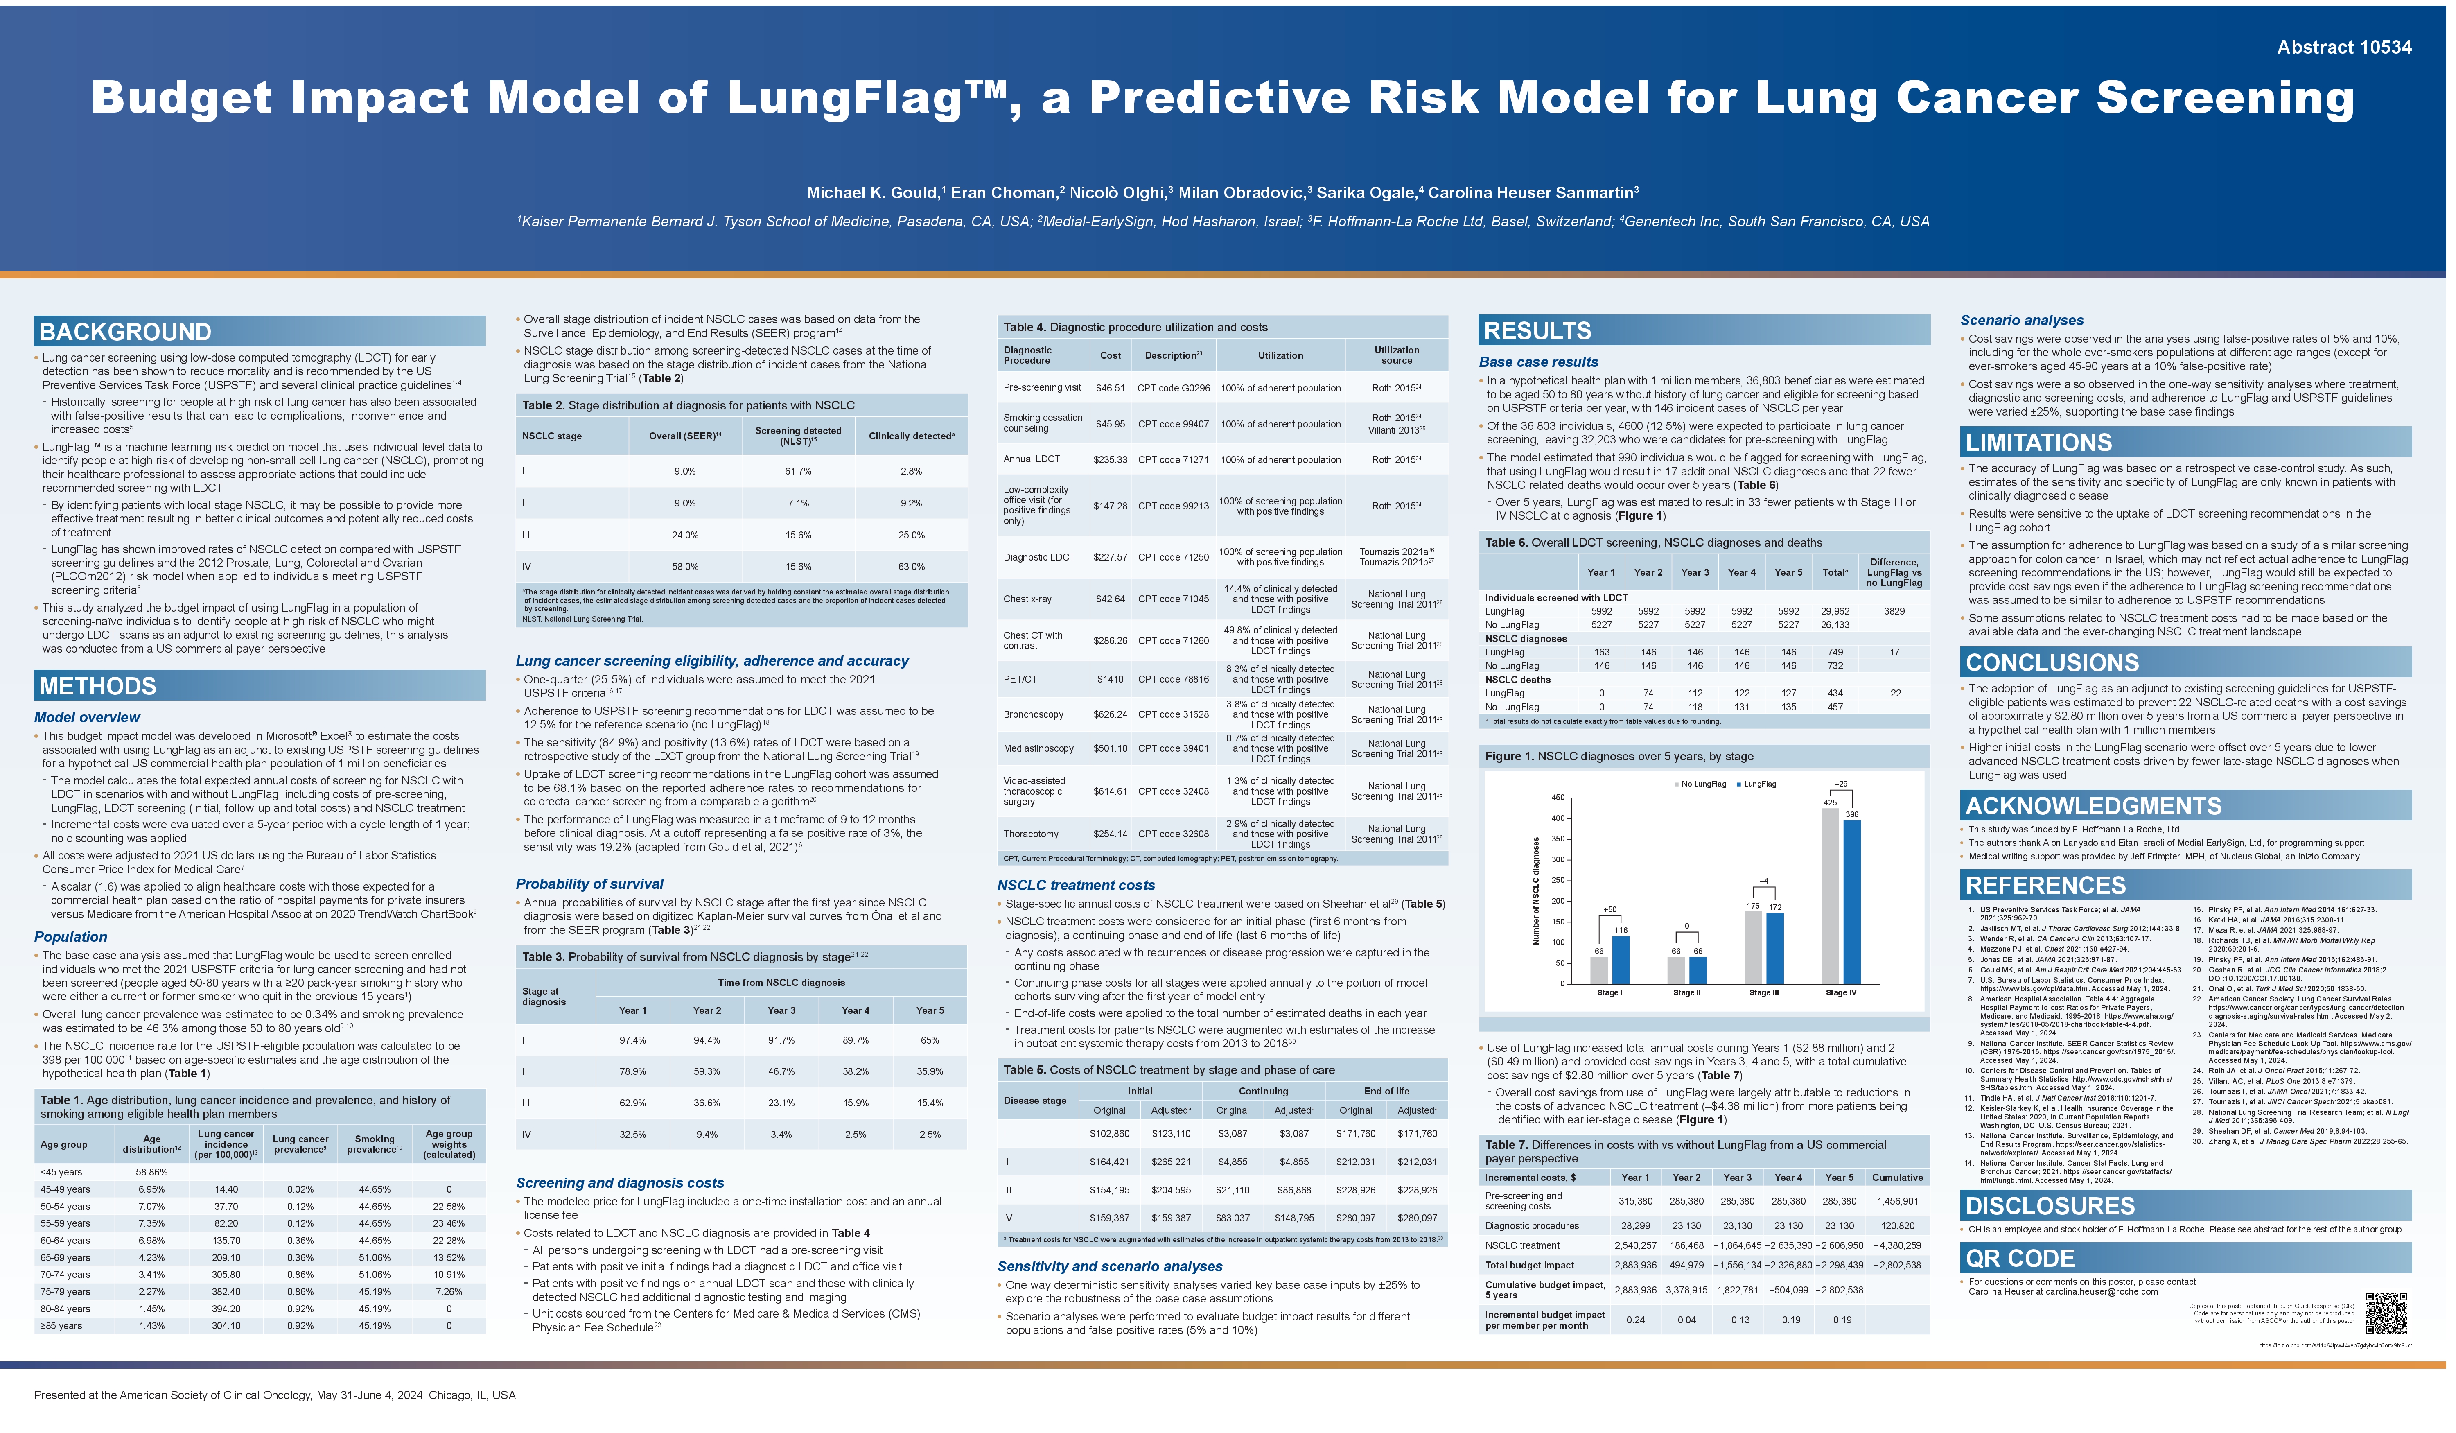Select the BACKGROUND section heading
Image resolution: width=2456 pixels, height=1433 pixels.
click(126, 332)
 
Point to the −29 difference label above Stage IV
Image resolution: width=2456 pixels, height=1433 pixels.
click(1840, 784)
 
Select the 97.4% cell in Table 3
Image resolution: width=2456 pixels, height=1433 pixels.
click(632, 1040)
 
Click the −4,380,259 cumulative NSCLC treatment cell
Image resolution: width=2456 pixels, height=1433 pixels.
click(1896, 1245)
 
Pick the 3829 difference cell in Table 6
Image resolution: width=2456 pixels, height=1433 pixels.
click(1894, 611)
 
